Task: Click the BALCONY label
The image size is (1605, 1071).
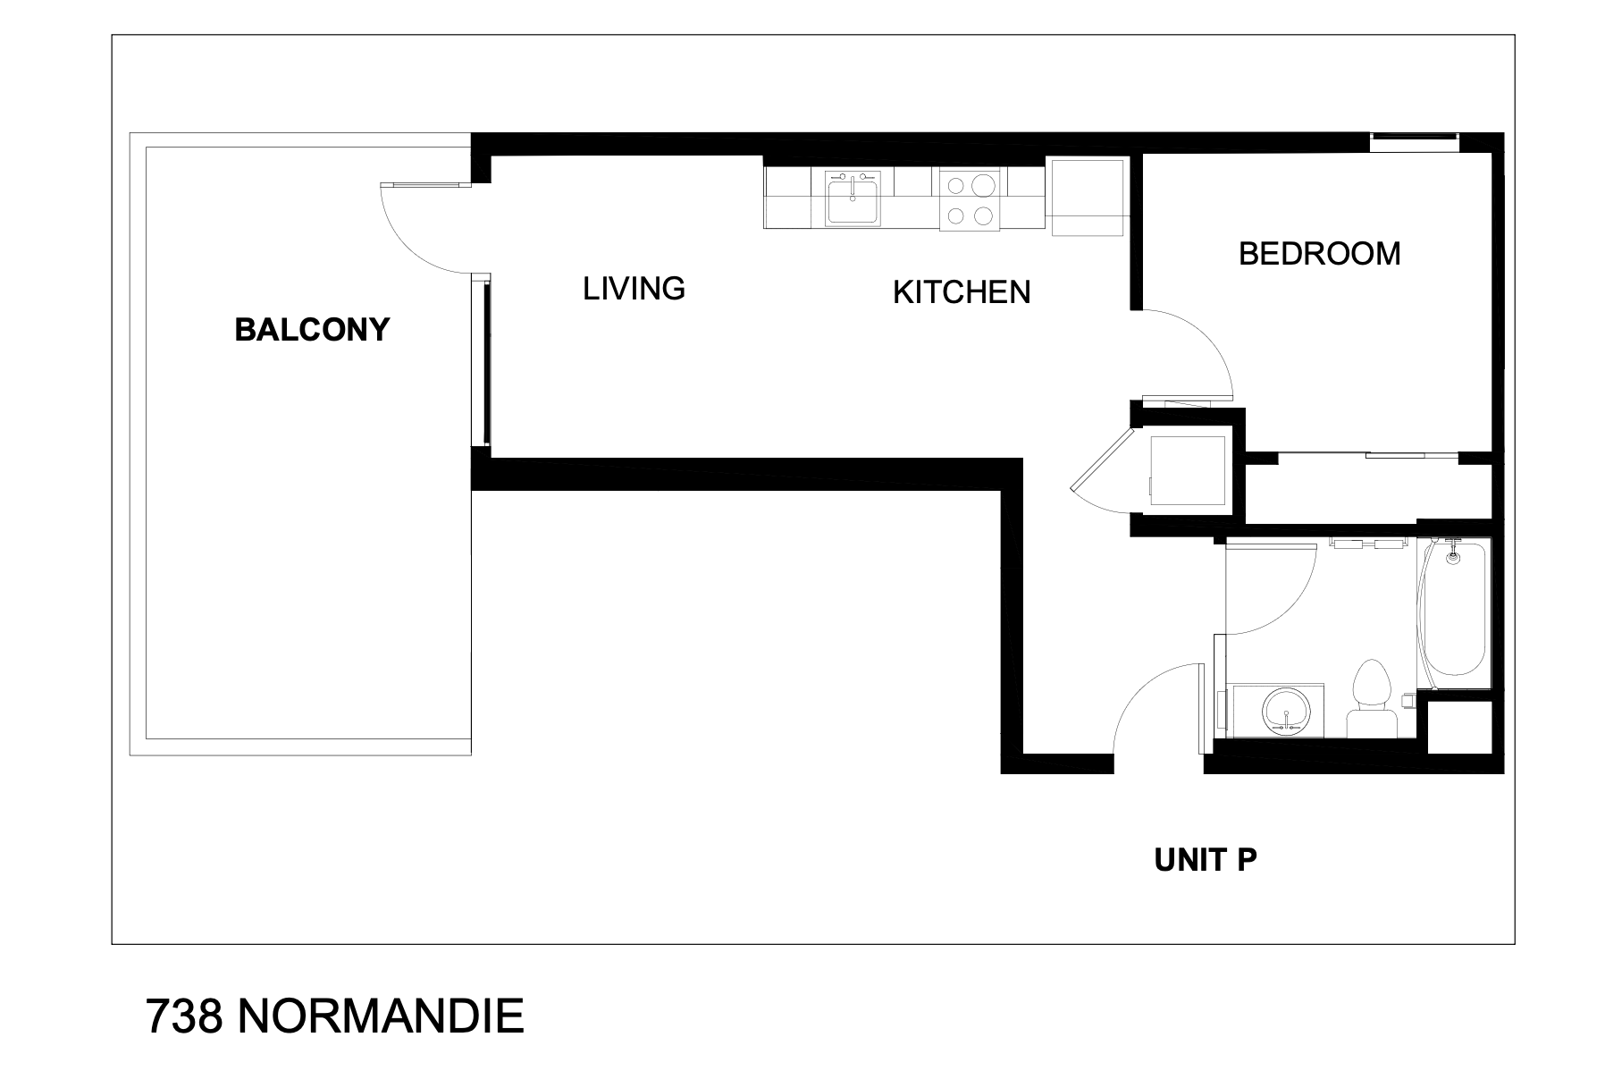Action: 312,330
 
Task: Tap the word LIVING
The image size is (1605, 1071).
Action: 634,288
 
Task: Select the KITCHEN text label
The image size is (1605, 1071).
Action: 962,292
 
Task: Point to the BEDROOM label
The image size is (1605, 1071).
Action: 1319,254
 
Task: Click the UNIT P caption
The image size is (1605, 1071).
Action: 1206,860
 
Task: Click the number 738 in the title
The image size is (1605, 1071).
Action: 184,1016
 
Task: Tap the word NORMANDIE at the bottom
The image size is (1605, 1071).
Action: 381,1016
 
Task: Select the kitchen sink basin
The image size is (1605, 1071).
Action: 853,198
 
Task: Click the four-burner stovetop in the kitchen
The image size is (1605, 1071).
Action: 970,199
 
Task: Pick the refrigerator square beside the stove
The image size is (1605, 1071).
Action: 1087,198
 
